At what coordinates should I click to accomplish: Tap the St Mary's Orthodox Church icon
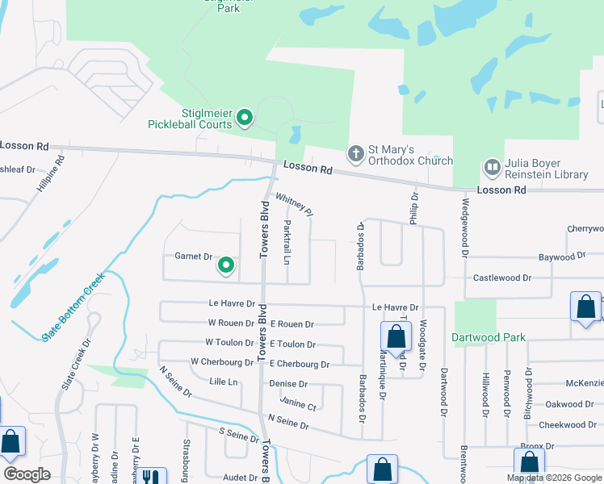pos(355,153)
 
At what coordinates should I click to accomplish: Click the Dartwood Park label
pos(489,337)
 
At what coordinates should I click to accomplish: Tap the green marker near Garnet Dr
pos(227,265)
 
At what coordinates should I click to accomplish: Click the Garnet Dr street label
pos(193,257)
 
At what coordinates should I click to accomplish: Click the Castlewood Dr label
pos(501,277)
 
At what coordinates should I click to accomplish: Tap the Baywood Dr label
pos(561,256)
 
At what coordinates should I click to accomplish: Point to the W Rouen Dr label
pos(231,323)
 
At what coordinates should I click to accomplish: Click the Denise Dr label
pos(288,384)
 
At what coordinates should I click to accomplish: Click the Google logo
pos(27,474)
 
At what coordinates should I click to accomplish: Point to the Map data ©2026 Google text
pos(554,478)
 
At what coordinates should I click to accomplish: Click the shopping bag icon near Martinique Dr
pos(396,336)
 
